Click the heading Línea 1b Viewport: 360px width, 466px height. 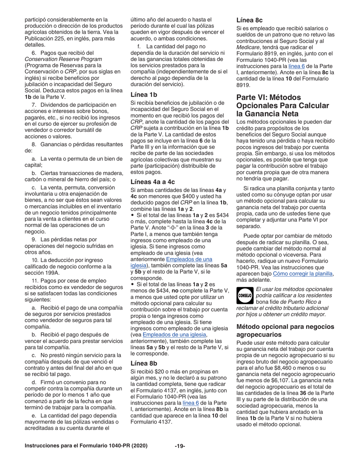(x=144, y=95)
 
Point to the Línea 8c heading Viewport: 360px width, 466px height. (x=250, y=20)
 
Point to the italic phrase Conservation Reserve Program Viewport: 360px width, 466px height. (x=63, y=59)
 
